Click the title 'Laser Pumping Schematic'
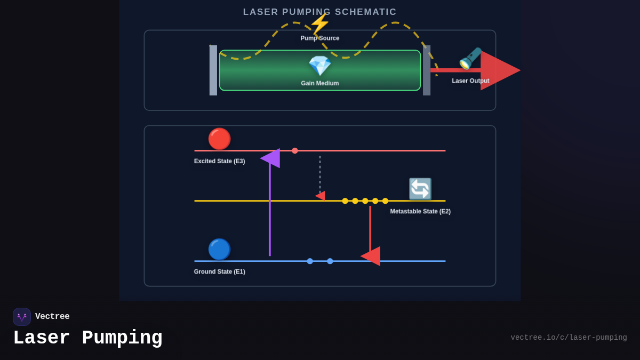point(320,12)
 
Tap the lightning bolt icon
point(319,23)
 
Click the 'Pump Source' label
point(320,38)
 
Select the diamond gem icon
point(320,66)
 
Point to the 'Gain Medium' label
point(320,83)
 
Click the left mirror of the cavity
point(213,70)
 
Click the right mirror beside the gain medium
point(427,70)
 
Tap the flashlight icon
point(470,59)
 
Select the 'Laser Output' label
point(470,81)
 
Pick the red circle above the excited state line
point(219,139)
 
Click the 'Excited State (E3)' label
point(219,161)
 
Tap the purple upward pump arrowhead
point(271,158)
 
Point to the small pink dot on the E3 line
point(295,151)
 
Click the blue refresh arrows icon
point(420,189)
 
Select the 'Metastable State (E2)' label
point(420,211)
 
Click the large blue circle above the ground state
point(219,249)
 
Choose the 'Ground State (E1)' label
point(219,271)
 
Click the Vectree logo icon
point(22,317)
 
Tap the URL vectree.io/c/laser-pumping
point(569,338)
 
